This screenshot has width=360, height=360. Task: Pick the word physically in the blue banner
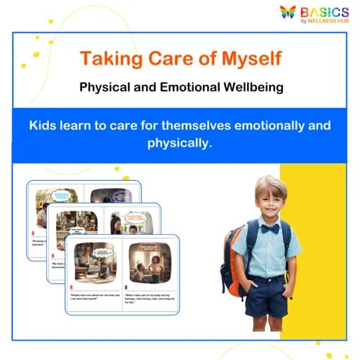tap(179, 143)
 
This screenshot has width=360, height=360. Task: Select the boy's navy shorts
tap(267, 295)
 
